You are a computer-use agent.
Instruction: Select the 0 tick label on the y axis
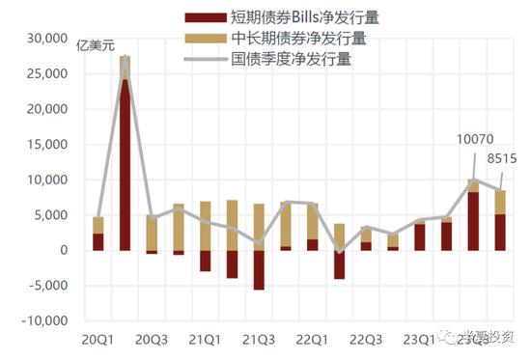point(63,250)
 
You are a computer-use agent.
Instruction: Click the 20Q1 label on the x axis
point(98,340)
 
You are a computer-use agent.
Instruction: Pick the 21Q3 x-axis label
point(258,340)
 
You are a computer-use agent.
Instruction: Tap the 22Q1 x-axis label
point(311,340)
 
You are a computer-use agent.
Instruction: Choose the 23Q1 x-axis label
point(419,340)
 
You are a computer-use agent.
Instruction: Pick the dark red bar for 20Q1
point(98,241)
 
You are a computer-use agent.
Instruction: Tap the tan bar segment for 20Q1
point(98,225)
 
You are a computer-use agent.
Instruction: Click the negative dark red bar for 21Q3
point(259,269)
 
